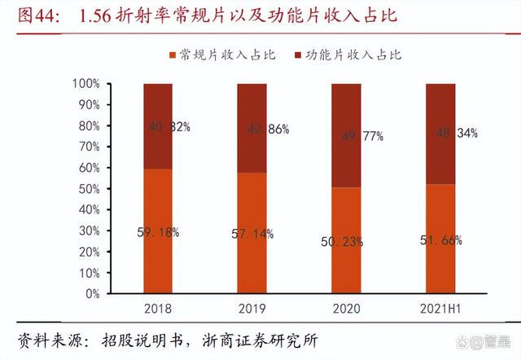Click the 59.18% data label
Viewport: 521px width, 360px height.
pos(158,232)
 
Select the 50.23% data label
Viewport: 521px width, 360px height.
pos(347,241)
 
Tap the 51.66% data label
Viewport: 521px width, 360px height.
pos(440,240)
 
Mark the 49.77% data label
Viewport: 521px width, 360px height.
pos(347,137)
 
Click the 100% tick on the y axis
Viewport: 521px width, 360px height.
pos(85,84)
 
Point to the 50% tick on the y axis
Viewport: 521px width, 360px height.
pos(88,189)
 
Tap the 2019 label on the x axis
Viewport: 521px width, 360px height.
pos(252,310)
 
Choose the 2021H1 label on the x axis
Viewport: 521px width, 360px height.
pos(440,310)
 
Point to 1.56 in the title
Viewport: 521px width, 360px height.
pos(99,16)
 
